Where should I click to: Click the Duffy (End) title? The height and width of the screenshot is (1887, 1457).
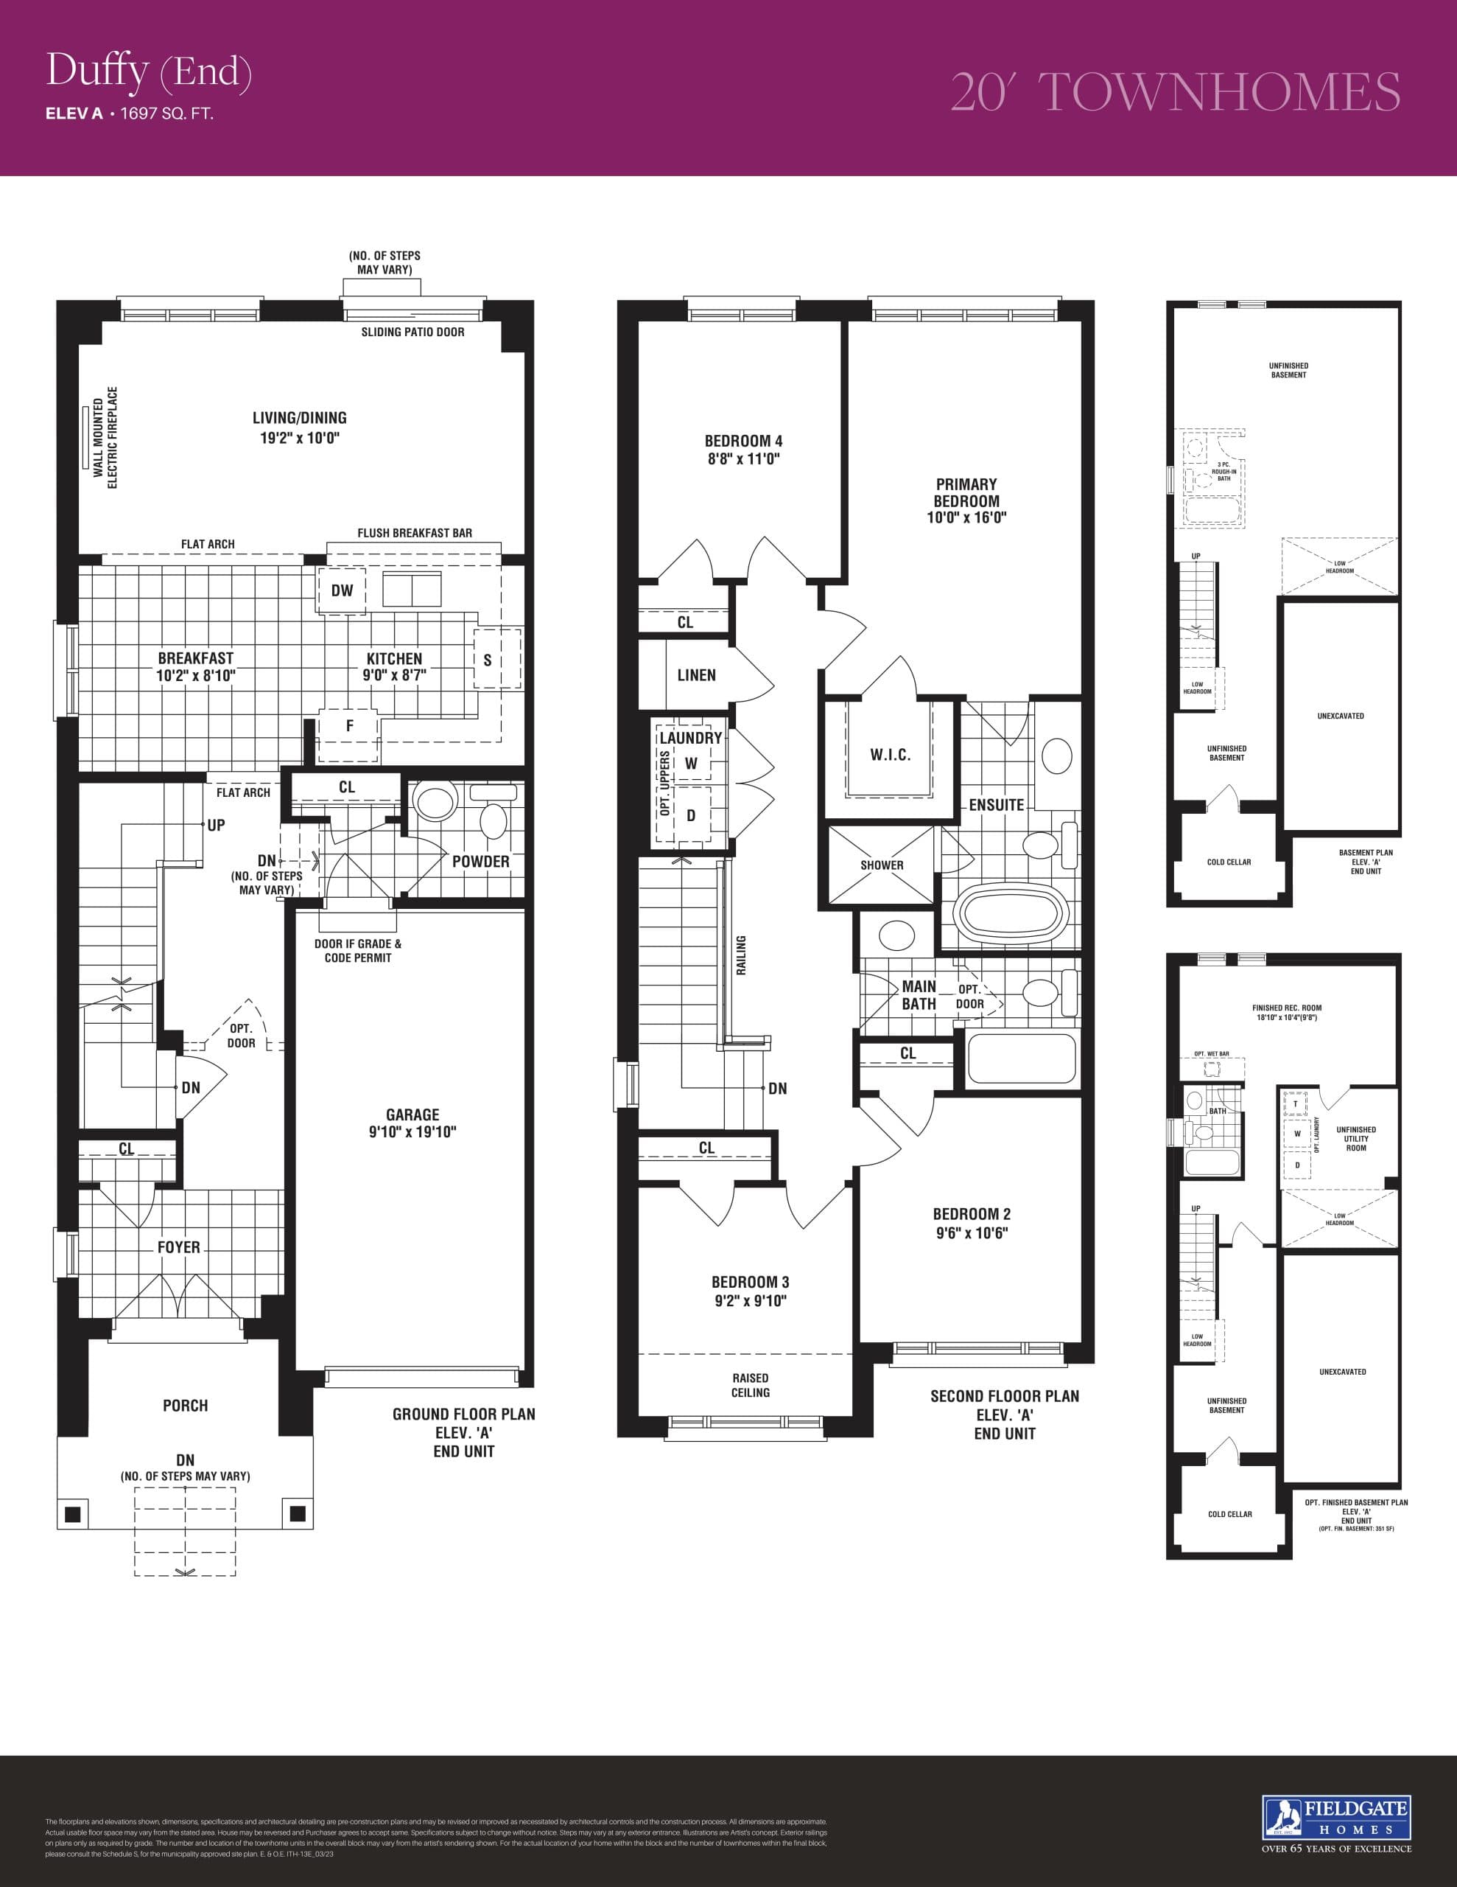(149, 71)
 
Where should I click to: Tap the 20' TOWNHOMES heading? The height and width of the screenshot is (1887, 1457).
(1175, 92)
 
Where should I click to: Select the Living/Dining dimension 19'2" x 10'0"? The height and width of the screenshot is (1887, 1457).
(300, 437)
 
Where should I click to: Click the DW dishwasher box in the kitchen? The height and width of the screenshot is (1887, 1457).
(342, 590)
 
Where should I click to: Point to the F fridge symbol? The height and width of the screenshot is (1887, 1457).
(349, 726)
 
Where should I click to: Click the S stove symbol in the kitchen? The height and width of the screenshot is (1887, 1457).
(487, 660)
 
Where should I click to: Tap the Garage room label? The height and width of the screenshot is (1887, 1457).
(412, 1115)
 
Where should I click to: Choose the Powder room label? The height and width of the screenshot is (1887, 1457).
(480, 862)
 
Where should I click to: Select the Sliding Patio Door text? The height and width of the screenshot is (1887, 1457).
(412, 332)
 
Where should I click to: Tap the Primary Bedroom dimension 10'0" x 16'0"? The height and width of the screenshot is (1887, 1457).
(966, 518)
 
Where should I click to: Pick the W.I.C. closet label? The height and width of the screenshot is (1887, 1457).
(890, 755)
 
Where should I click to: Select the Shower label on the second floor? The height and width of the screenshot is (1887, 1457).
(881, 865)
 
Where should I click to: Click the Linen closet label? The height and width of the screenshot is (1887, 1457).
(696, 674)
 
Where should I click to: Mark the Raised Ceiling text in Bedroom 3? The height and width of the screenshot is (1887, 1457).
(750, 1385)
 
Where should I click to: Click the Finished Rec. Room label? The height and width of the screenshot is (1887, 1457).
(1286, 1008)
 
